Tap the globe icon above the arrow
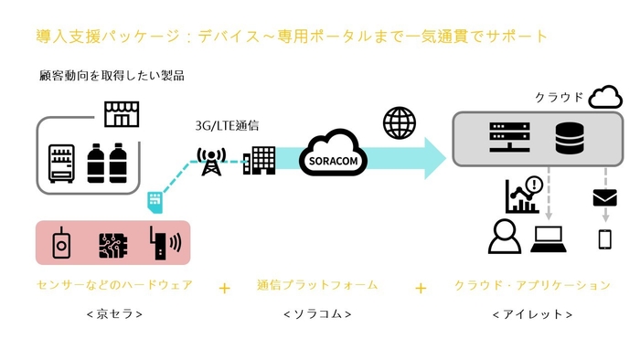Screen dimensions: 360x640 [398, 122]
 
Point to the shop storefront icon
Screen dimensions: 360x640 [120, 113]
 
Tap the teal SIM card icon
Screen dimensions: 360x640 [155, 199]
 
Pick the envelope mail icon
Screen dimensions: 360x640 [605, 196]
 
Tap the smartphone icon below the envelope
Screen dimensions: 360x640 [604, 239]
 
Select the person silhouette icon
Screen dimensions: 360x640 [504, 237]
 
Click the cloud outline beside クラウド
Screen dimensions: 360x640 [606, 96]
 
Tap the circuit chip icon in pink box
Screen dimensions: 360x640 [112, 243]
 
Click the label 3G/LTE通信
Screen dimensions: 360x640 [226, 126]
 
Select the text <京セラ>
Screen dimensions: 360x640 [112, 314]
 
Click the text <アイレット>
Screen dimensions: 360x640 [532, 314]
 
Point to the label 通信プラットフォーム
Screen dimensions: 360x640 [316, 285]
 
